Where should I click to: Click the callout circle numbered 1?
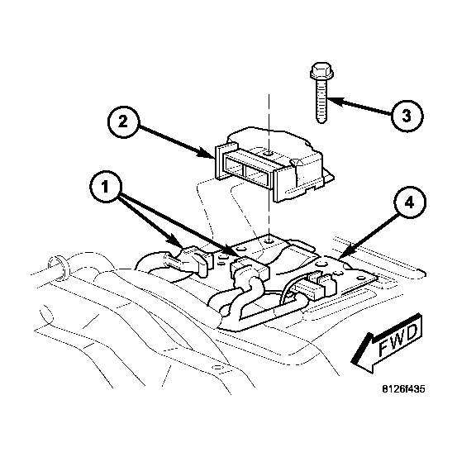(x=106, y=187)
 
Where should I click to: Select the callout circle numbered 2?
(x=124, y=121)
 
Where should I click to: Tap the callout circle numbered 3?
(x=407, y=116)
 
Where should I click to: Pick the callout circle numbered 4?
(x=410, y=202)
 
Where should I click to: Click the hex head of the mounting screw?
(x=321, y=70)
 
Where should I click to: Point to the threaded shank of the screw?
(x=321, y=101)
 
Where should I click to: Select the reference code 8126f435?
(x=404, y=388)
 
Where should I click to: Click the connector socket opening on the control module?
(x=246, y=169)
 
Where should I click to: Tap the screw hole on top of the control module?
(x=269, y=153)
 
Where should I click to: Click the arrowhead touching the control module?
(x=206, y=154)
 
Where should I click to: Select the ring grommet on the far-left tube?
(x=60, y=269)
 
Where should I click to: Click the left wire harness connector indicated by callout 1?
(x=187, y=259)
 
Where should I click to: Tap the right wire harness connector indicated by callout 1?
(x=250, y=267)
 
